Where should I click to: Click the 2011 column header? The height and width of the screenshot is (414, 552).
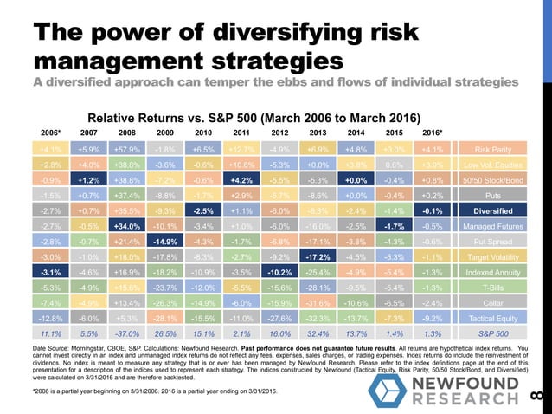click(x=241, y=132)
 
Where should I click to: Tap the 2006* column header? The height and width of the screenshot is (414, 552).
click(x=50, y=132)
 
